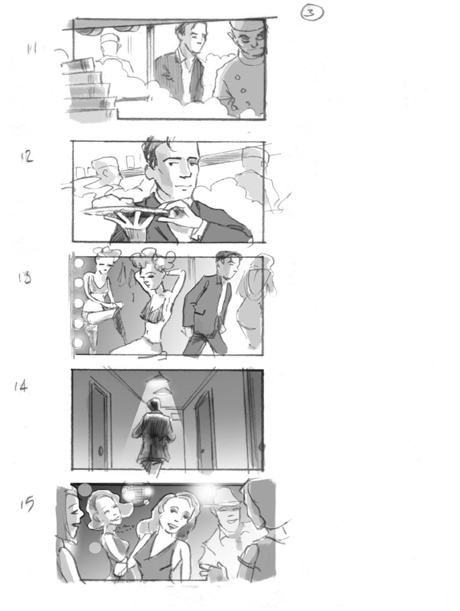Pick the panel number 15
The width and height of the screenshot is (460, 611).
point(27,504)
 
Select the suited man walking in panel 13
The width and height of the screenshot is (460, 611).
point(209,306)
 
